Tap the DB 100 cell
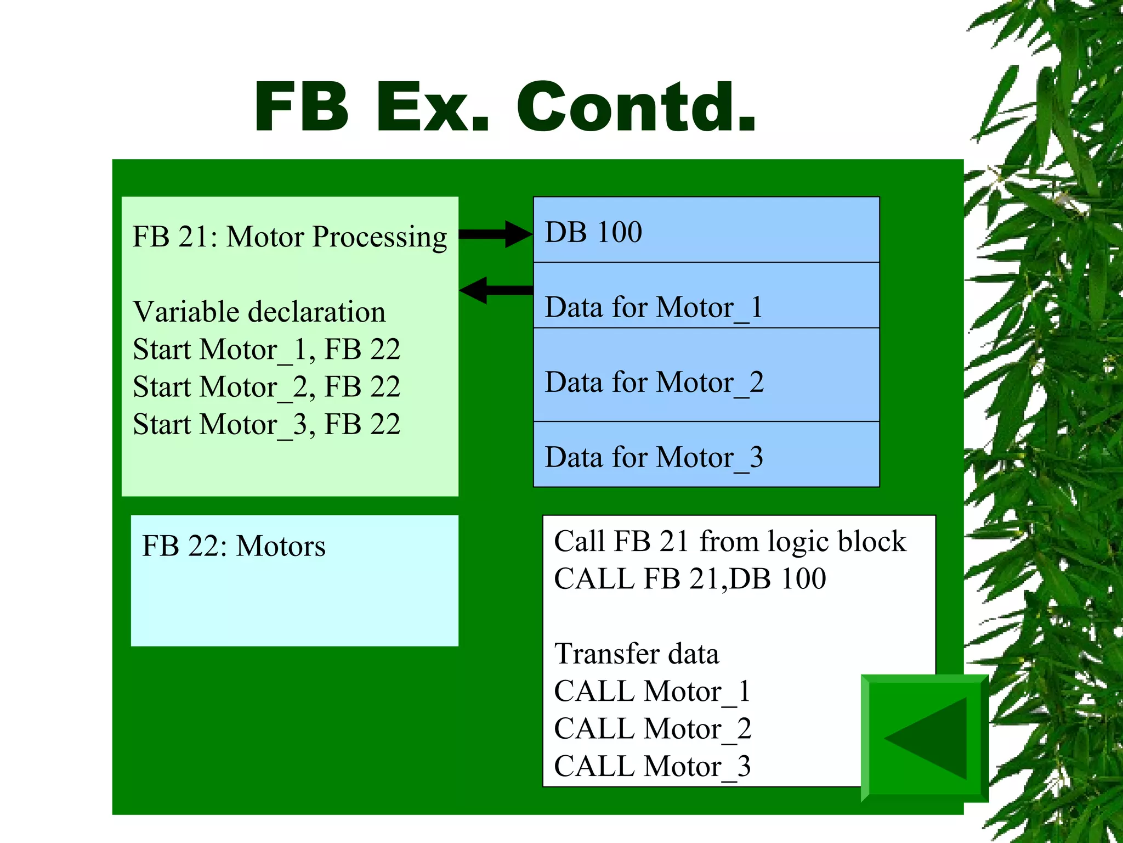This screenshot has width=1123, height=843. click(706, 231)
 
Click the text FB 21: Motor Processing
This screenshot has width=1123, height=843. click(290, 237)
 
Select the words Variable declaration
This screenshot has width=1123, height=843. click(259, 312)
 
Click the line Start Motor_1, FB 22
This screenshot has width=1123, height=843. click(266, 350)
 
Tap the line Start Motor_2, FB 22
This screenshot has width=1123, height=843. click(266, 387)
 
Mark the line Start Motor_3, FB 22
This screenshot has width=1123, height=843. click(266, 424)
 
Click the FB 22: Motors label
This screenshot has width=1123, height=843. click(234, 546)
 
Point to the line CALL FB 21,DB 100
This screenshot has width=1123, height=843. click(690, 578)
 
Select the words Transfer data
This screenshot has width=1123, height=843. click(636, 654)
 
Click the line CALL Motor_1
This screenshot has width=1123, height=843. click(652, 691)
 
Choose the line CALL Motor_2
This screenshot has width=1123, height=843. click(652, 729)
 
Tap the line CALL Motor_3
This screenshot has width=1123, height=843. click(652, 766)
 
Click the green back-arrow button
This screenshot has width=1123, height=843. click(925, 738)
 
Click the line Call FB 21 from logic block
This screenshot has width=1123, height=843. click(729, 541)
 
